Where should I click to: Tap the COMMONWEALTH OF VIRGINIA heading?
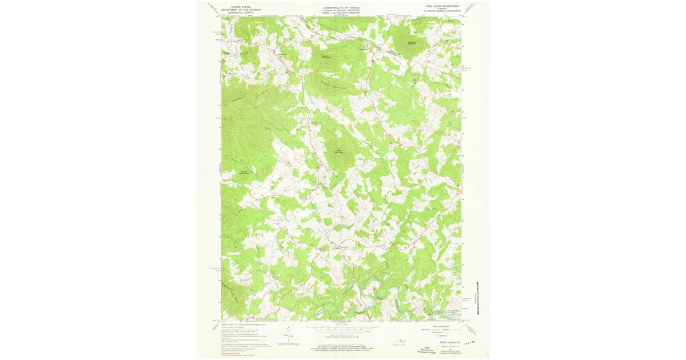click(x=341, y=7)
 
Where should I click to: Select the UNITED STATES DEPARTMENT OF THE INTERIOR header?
click(x=241, y=9)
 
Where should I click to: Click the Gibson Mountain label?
click(x=412, y=43)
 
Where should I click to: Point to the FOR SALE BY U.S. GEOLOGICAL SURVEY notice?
click(x=341, y=347)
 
